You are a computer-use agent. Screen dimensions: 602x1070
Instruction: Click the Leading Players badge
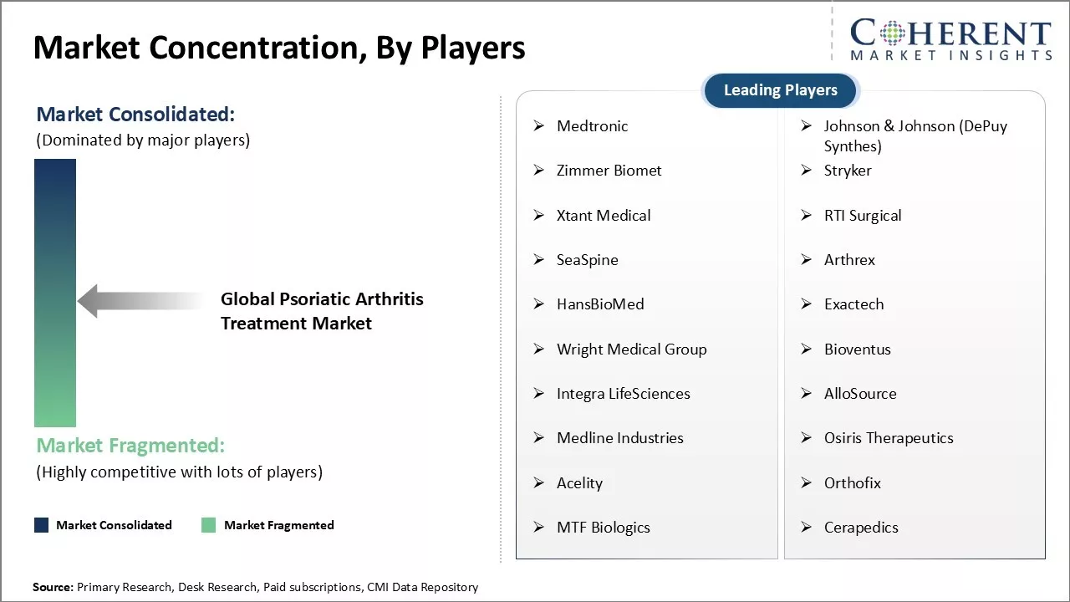pos(780,90)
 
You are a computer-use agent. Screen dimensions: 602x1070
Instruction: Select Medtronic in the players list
pos(592,126)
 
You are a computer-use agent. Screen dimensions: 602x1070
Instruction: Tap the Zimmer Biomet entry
pos(609,171)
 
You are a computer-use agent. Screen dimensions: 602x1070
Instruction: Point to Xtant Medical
pos(604,216)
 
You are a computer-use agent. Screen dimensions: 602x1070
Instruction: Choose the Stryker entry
pos(848,171)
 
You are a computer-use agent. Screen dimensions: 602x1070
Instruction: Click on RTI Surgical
pos(863,216)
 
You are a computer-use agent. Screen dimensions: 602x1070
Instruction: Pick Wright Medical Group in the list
pos(631,349)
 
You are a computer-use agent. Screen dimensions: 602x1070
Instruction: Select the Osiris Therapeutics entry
pos(889,438)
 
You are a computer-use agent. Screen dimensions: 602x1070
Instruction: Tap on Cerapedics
pos(861,528)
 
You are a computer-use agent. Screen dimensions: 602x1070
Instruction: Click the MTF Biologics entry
pos(603,528)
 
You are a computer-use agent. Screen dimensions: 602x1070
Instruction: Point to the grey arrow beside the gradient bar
pos(138,301)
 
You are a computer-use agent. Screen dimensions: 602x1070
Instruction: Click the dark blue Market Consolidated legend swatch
pos(42,525)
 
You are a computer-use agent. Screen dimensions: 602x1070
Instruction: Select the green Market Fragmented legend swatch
pos(209,525)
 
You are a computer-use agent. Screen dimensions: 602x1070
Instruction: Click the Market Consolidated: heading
pos(135,115)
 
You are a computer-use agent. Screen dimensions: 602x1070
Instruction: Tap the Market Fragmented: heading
pos(130,446)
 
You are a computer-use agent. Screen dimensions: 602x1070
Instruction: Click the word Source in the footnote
pos(53,588)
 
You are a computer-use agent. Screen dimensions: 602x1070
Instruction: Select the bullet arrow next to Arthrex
pos(806,260)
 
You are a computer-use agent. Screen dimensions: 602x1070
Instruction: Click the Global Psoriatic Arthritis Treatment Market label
pos(322,311)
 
